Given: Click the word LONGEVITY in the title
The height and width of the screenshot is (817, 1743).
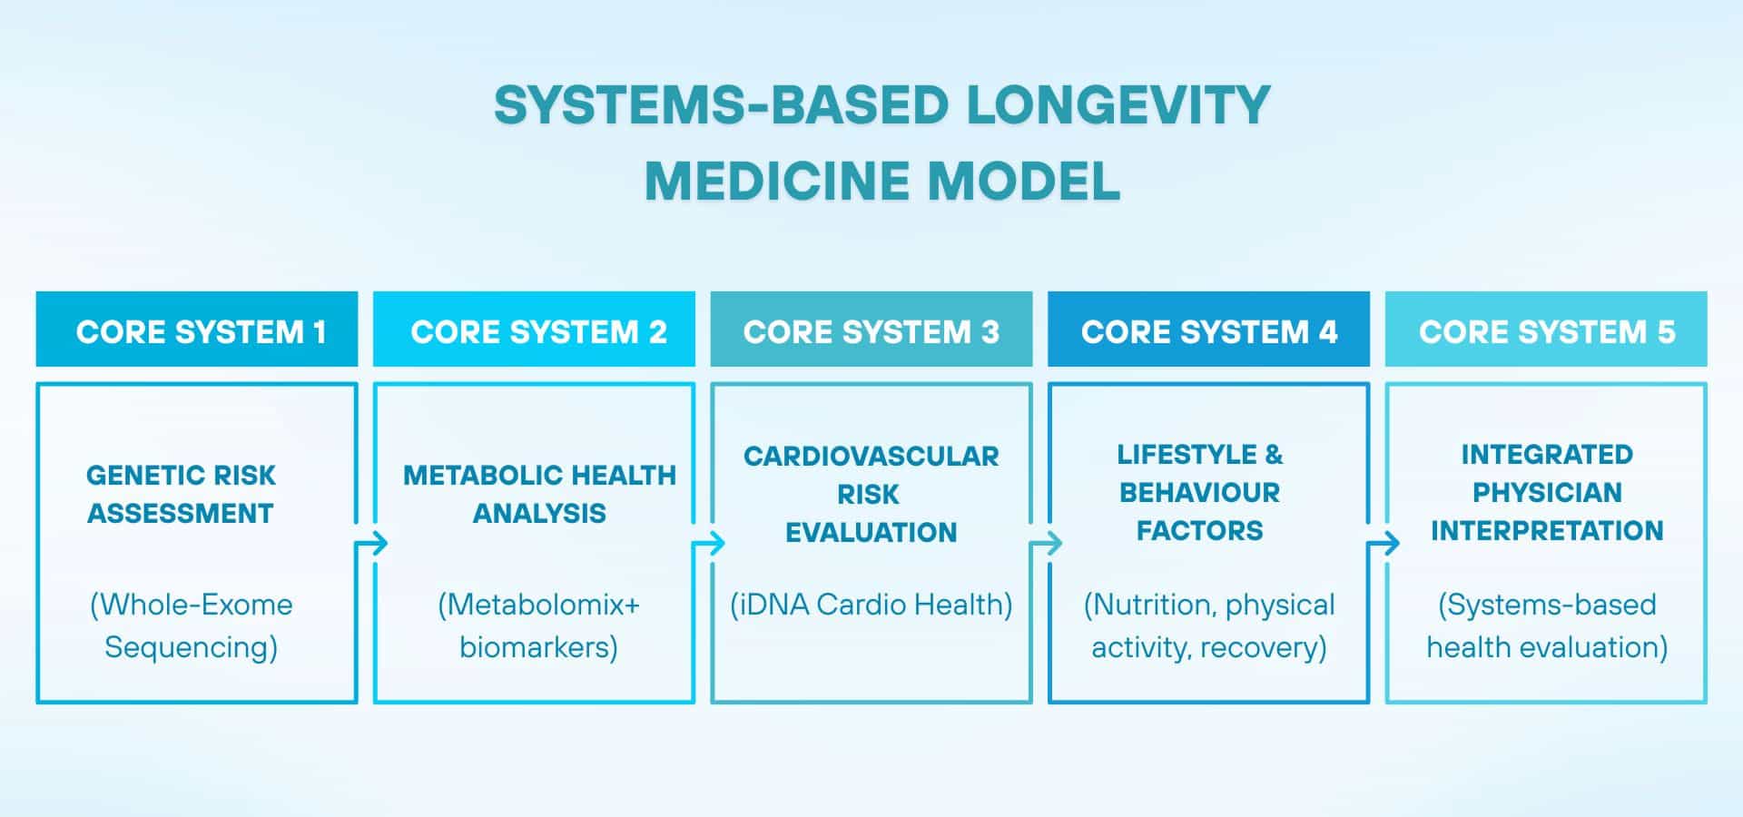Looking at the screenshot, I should point(1118,105).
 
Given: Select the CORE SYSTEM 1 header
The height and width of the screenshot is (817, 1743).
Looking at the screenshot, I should point(197,330).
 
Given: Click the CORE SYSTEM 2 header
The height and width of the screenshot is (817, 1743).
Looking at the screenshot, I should point(535,330).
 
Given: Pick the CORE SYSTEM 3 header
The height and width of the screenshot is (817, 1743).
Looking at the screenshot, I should point(871,330).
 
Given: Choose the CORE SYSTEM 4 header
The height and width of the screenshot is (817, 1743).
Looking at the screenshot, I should point(1209,330).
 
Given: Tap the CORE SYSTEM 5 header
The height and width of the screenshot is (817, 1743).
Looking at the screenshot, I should point(1546,330).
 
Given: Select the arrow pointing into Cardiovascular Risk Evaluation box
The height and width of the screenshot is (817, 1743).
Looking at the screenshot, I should point(709,544).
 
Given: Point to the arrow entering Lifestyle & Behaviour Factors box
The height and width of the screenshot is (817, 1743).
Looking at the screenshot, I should point(1047,544).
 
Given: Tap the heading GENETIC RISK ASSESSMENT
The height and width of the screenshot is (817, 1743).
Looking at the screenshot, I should point(181,494).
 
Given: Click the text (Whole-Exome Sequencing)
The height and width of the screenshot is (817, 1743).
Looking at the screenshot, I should point(192,625).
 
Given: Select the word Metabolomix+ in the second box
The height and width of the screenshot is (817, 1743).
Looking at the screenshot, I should point(539,605).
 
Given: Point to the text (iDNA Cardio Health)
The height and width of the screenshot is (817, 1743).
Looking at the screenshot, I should point(871,605).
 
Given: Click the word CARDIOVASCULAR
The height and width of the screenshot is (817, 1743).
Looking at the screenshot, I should point(871,456).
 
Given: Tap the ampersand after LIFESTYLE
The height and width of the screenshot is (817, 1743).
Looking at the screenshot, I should point(1274,454).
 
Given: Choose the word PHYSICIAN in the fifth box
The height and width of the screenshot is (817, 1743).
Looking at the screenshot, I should point(1547,492).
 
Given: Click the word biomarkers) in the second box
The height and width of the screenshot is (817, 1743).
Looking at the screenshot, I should point(539,647).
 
